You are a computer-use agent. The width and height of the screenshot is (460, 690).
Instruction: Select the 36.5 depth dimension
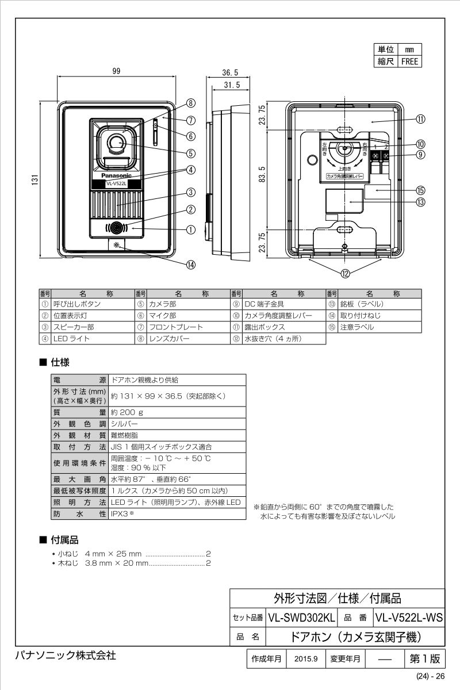tap(230, 72)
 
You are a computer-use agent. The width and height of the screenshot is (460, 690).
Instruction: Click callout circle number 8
tap(190, 103)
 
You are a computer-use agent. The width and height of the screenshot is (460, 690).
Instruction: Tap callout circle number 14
tap(190, 264)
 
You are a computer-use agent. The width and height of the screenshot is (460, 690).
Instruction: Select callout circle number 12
tap(345, 274)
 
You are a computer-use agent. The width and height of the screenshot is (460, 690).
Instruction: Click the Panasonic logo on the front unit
tap(117, 175)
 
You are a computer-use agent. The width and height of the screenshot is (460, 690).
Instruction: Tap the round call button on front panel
tap(117, 228)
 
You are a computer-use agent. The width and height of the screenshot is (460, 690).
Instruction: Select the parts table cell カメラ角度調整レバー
tap(278, 316)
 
